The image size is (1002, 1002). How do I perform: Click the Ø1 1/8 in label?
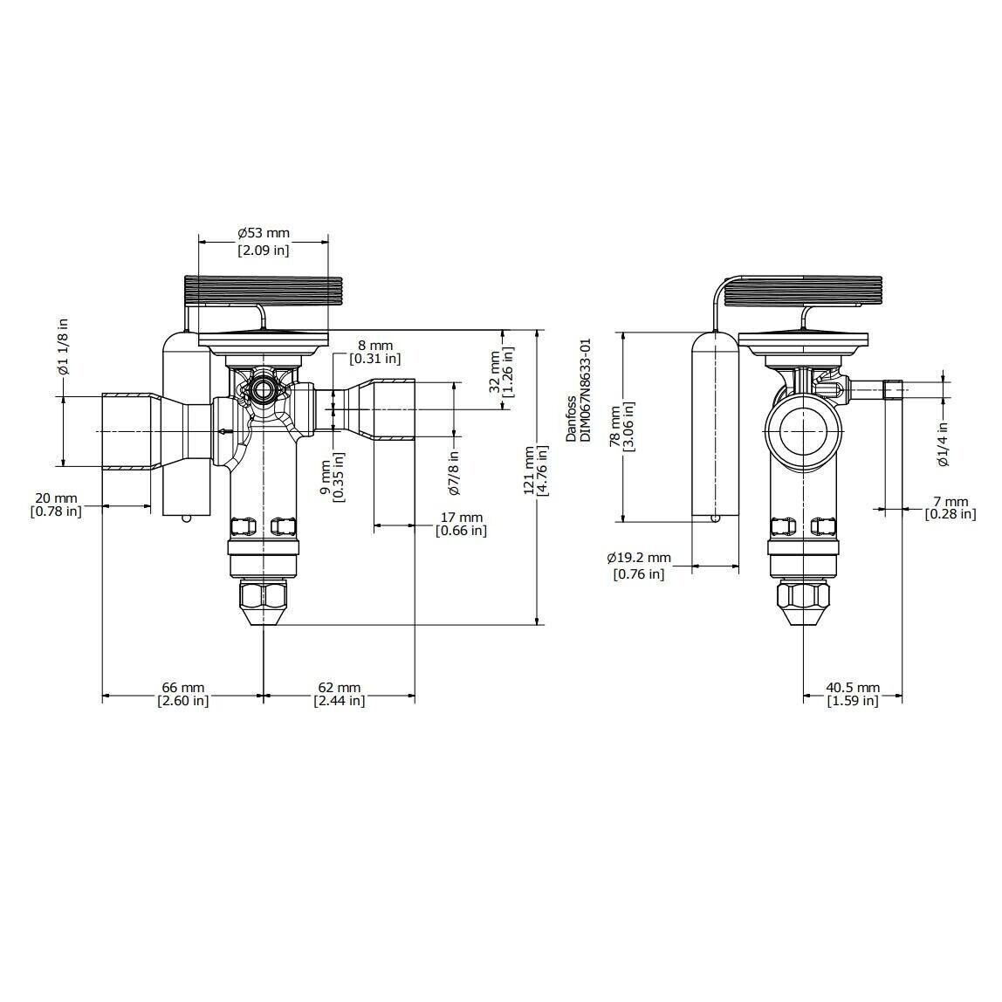[x=62, y=347]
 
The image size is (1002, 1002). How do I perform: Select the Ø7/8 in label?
[x=455, y=472]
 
